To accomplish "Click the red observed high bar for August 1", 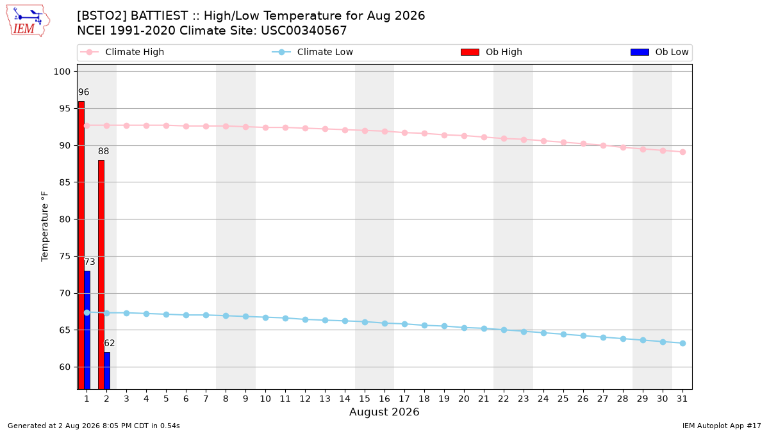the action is (x=81, y=245).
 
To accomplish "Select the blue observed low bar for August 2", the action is (x=107, y=371).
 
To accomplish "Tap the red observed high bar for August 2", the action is (x=101, y=275).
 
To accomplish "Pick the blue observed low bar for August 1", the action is (x=87, y=330).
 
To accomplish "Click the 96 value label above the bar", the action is (x=83, y=92).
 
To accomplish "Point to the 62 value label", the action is (x=109, y=343).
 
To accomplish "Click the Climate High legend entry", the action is (x=122, y=52).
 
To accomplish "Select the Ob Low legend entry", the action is (x=659, y=52).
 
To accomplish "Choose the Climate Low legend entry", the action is (x=313, y=52).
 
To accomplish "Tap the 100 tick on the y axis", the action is (x=62, y=72).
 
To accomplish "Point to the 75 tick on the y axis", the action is (x=65, y=257).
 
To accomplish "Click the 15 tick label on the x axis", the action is (x=365, y=399).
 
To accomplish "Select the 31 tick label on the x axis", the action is (x=682, y=399).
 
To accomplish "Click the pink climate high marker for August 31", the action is (x=682, y=152).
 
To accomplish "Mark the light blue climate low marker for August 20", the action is (x=464, y=328).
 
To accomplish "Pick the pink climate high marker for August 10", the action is (x=265, y=127).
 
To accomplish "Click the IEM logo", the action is (x=28, y=21).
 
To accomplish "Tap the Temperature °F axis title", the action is (x=45, y=227).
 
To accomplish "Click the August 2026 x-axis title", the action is (x=384, y=412).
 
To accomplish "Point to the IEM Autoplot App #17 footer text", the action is (x=722, y=426).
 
